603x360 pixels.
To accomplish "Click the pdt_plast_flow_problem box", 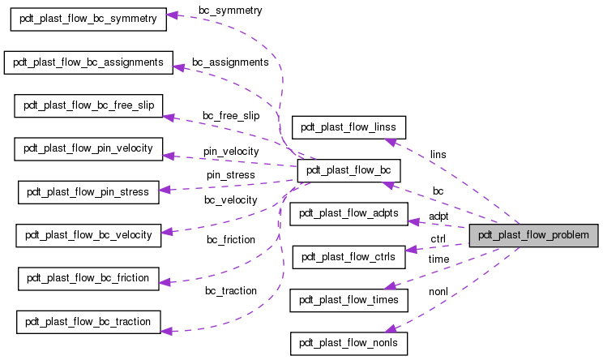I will (533, 236).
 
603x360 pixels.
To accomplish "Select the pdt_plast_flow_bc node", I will (349, 170).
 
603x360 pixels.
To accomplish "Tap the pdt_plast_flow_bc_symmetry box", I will (88, 18).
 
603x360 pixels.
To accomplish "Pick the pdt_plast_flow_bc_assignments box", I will (88, 62).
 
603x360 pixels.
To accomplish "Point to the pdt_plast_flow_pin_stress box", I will (88, 192).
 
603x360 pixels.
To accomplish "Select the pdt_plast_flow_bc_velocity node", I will (88, 235).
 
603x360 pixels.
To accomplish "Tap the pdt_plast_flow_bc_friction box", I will (88, 278).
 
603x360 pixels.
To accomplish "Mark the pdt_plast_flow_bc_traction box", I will (88, 322).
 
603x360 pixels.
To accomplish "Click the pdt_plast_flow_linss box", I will (349, 127).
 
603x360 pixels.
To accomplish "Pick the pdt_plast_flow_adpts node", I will (349, 213).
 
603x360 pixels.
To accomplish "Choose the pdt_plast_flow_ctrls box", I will (349, 257).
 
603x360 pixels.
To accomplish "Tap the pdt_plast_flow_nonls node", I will (349, 344).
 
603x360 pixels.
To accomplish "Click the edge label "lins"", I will (438, 154).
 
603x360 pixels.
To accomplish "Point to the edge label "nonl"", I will (438, 290).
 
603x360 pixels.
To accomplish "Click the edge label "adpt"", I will (438, 216).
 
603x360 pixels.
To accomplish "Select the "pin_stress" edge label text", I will (230, 174).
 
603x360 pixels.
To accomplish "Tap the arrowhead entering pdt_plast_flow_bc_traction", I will (165, 330).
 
